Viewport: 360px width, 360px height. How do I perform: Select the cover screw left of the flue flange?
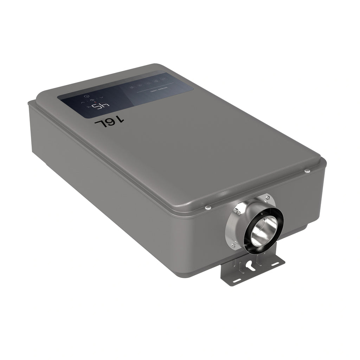[x=207, y=207]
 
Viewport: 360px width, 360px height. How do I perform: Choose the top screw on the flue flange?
[x=268, y=197]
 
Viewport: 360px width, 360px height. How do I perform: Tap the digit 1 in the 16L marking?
[x=120, y=120]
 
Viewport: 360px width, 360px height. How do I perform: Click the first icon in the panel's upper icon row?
[x=131, y=87]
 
